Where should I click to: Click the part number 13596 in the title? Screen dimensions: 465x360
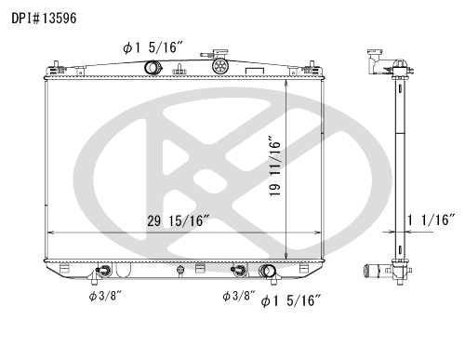coord(60,18)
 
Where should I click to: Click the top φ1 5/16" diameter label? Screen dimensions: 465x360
coord(153,47)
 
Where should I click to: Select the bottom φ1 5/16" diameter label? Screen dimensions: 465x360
coord(290,300)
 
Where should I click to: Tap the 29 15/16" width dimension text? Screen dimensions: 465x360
coord(179,220)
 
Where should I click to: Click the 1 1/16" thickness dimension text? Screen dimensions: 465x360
coord(431,220)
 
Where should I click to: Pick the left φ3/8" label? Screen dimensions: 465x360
coord(106,296)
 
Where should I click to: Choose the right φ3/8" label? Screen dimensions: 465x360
coord(239,296)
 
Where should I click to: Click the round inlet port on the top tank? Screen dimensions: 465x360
coord(153,68)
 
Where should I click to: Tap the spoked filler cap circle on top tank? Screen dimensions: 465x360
coord(220,66)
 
